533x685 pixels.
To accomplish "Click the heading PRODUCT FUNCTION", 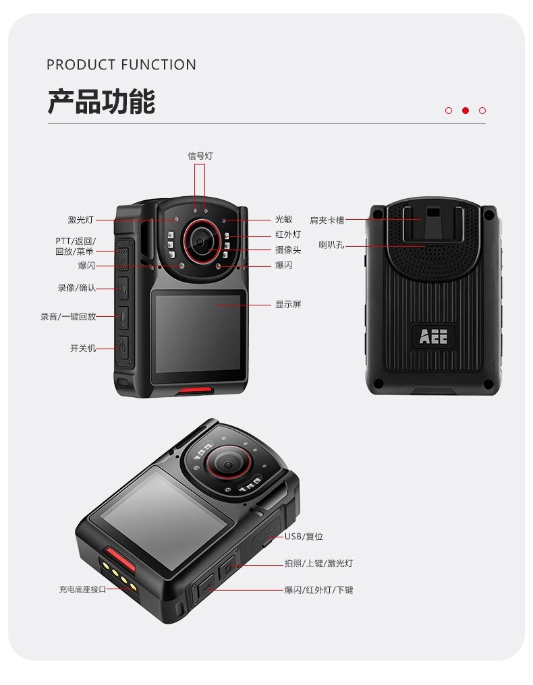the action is coord(121,65).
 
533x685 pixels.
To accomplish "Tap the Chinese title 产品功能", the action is coord(101,101).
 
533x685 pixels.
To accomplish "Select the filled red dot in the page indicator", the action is coord(466,111).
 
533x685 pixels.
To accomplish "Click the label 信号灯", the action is coord(200,156).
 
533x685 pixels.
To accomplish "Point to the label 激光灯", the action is coord(81,220).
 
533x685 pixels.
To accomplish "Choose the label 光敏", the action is coord(284,219).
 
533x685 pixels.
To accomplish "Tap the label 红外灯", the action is coord(288,235).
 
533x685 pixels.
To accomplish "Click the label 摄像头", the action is coord(288,250).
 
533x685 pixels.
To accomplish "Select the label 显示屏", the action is coord(288,304).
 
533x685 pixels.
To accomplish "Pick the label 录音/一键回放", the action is coord(68,317).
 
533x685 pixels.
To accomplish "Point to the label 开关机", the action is coord(82,348).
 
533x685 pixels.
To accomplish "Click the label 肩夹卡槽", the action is coord(327,220).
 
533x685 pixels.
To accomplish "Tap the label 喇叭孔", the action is coord(331,245).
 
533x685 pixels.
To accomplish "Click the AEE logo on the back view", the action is coord(433,336).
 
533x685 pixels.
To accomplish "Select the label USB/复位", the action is coord(304,537).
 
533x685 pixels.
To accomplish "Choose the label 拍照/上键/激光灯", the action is coord(318,564).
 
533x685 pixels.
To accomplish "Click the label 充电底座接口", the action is coord(82,589).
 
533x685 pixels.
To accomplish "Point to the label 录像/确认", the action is coord(76,288).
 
